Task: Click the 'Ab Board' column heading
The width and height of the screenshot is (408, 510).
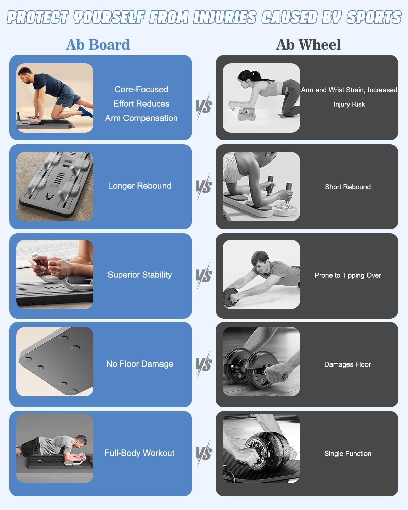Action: click(98, 45)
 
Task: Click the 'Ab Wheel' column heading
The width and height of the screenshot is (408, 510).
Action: click(308, 45)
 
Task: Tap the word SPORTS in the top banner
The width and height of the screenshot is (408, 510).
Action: click(374, 17)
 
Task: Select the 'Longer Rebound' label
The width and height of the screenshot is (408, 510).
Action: click(140, 186)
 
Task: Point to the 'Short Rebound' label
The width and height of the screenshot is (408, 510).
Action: click(348, 187)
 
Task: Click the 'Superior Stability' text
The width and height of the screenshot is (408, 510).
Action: click(140, 275)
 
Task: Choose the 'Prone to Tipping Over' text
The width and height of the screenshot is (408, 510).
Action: click(348, 275)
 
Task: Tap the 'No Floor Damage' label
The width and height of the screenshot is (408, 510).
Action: click(140, 364)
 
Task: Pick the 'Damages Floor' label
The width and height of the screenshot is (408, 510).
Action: click(347, 364)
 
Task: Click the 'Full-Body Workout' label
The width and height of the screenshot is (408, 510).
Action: click(140, 453)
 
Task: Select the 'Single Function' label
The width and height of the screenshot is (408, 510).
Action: click(348, 453)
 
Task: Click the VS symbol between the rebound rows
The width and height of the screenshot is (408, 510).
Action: click(204, 187)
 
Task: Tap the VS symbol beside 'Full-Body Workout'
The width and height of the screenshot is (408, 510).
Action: click(204, 453)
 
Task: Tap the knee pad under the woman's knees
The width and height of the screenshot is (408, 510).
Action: click(286, 116)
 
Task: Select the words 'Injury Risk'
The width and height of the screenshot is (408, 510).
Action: click(349, 104)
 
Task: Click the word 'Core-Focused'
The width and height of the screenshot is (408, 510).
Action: click(141, 89)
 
